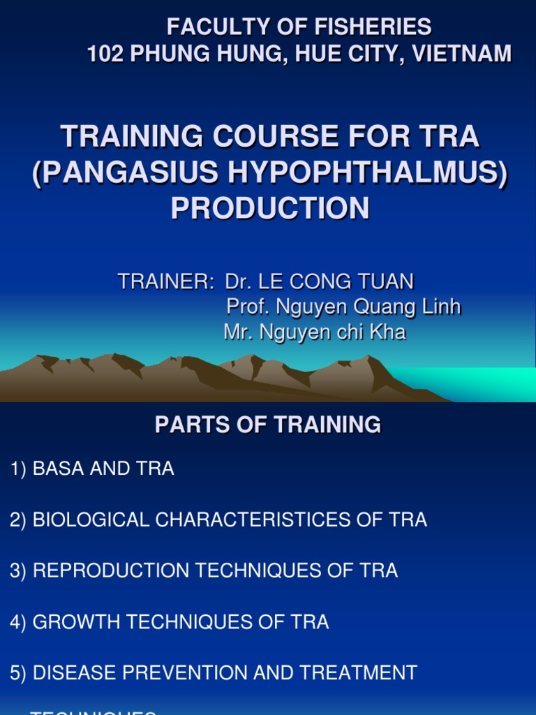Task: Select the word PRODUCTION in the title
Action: coord(270,207)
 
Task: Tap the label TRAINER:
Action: coord(165,282)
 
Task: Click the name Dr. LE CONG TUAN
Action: coord(319,282)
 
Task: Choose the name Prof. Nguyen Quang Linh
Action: coord(344,307)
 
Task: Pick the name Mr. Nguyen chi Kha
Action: coord(315,332)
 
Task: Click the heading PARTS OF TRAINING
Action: coord(268,425)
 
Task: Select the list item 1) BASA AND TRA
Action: coord(92,469)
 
